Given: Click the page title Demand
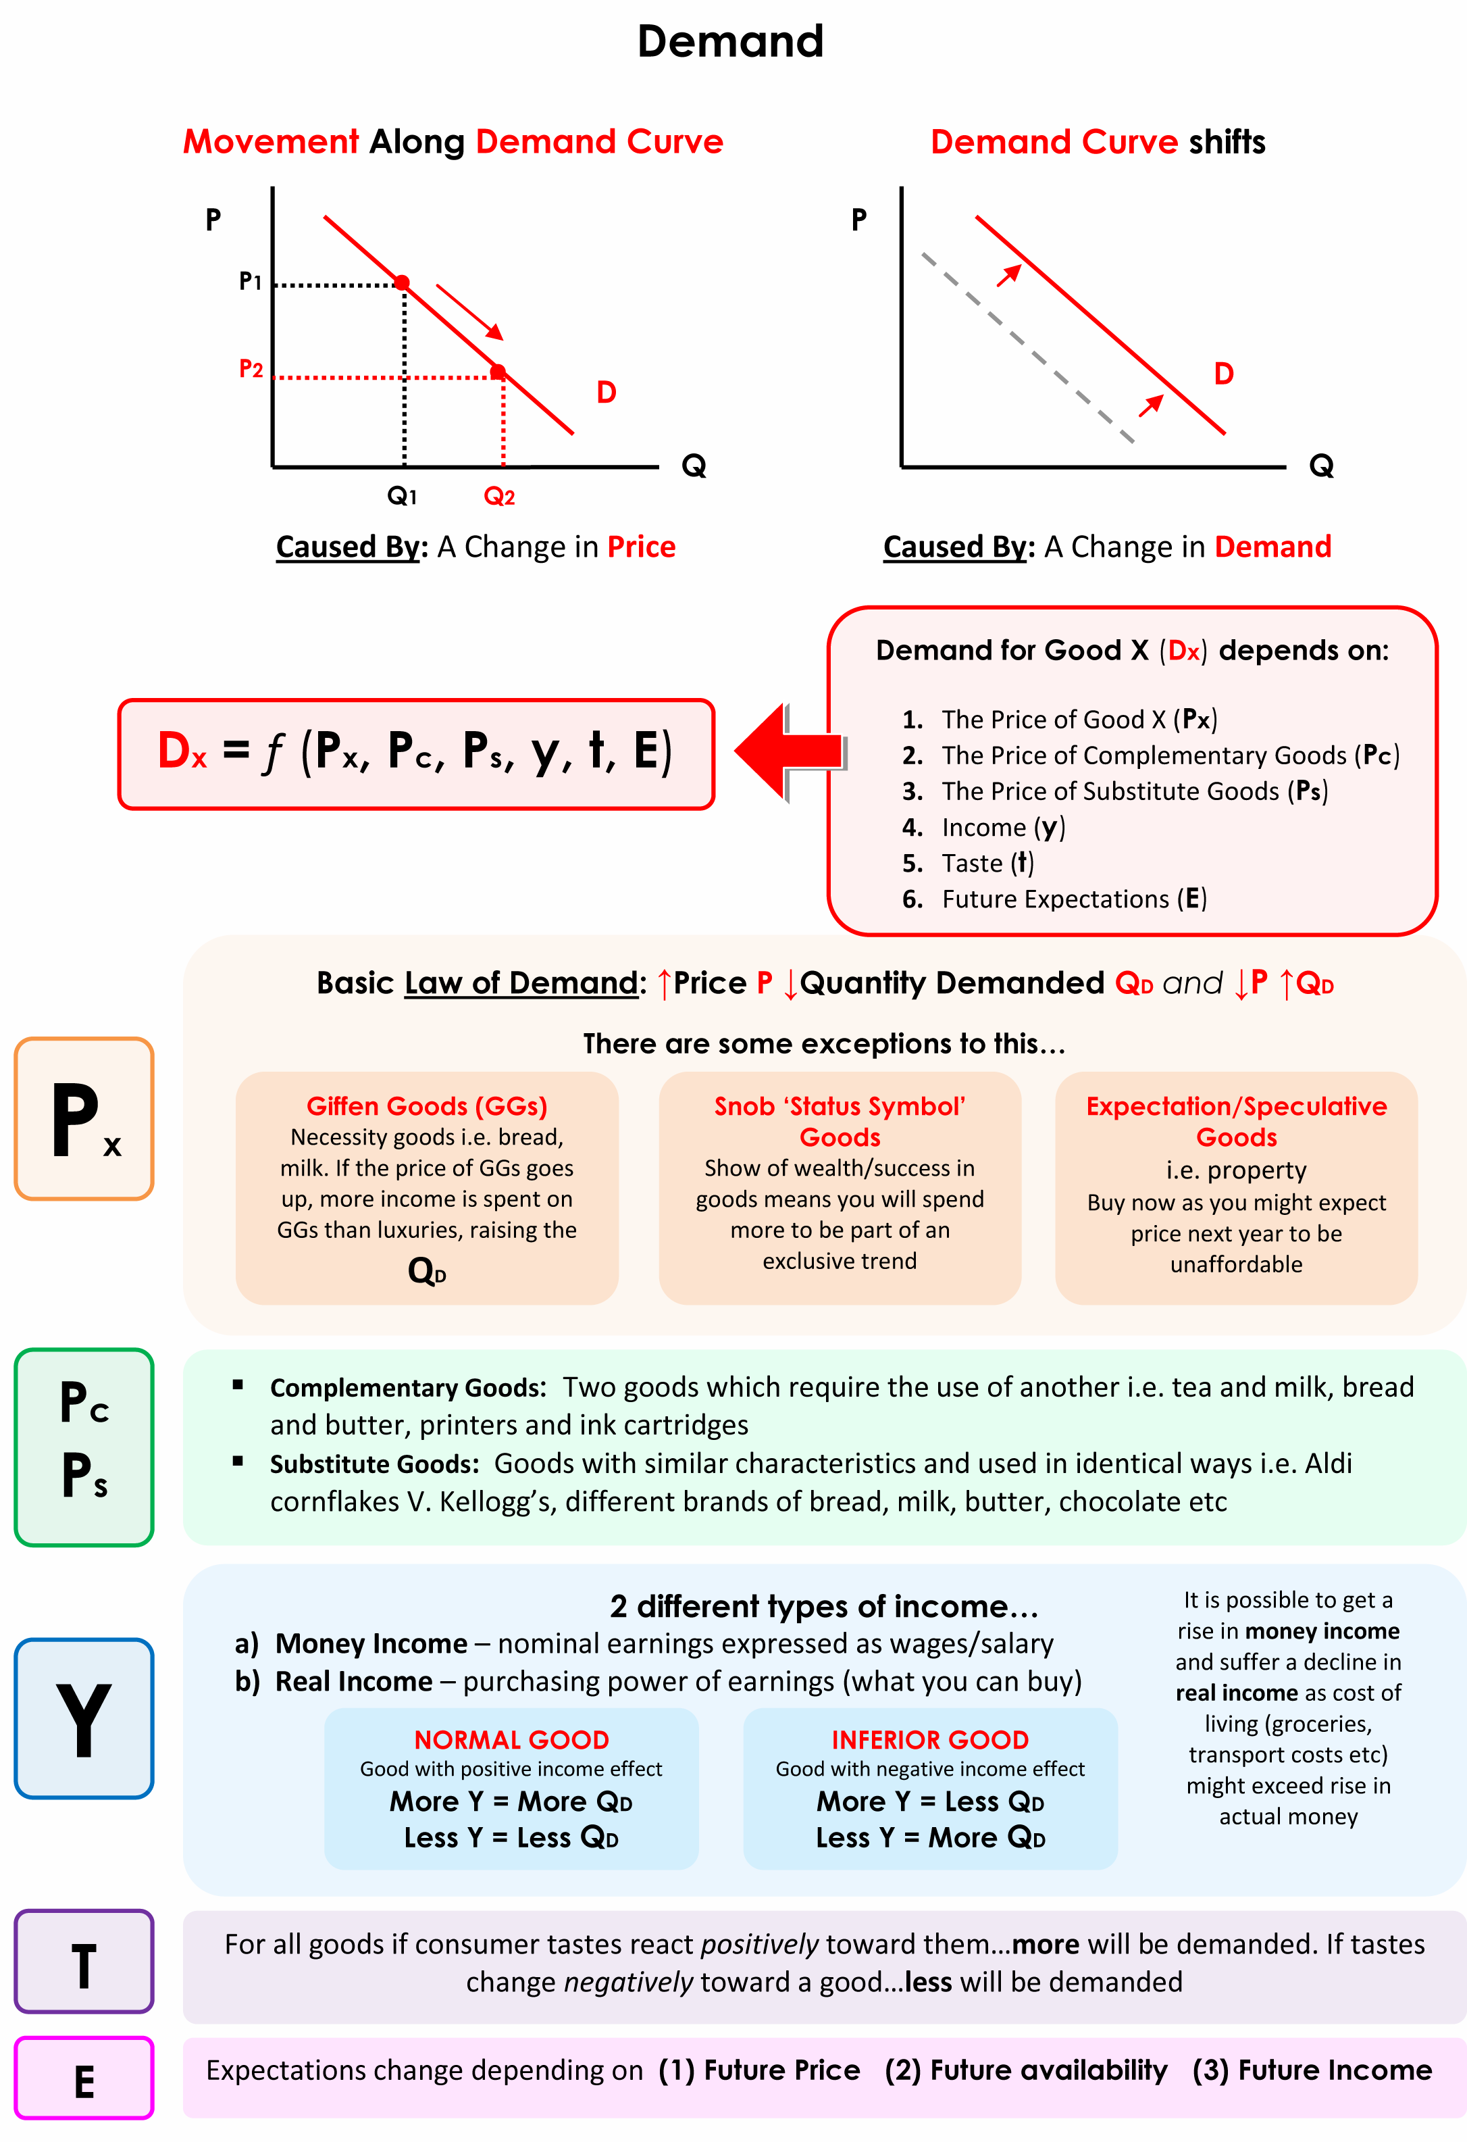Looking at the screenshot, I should pyautogui.click(x=730, y=41).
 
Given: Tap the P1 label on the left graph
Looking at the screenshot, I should pyautogui.click(x=250, y=281).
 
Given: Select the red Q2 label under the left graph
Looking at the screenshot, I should pyautogui.click(x=498, y=497).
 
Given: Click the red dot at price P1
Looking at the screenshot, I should pyautogui.click(x=402, y=282).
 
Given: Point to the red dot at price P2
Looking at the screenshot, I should pyautogui.click(x=498, y=372).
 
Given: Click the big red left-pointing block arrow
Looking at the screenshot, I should pyautogui.click(x=789, y=751).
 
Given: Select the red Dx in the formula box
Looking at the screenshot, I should pyautogui.click(x=182, y=751).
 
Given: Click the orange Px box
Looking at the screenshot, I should pyautogui.click(x=84, y=1118).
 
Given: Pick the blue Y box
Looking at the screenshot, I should pyautogui.click(x=84, y=1718).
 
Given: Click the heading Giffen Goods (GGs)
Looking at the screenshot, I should pyautogui.click(x=427, y=1106).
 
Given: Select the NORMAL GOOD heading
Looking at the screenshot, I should pyautogui.click(x=511, y=1740).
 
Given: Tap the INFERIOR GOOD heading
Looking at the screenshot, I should pyautogui.click(x=930, y=1740).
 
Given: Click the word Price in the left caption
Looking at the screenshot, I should pyautogui.click(x=642, y=547).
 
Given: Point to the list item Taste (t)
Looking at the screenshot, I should pyautogui.click(x=987, y=864).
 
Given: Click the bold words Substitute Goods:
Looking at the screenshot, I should pyautogui.click(x=374, y=1464).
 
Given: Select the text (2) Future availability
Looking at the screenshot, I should pyautogui.click(x=1025, y=2070).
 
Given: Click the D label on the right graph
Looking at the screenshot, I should pyautogui.click(x=1222, y=374).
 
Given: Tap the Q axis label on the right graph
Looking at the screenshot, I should pyautogui.click(x=1320, y=466).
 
